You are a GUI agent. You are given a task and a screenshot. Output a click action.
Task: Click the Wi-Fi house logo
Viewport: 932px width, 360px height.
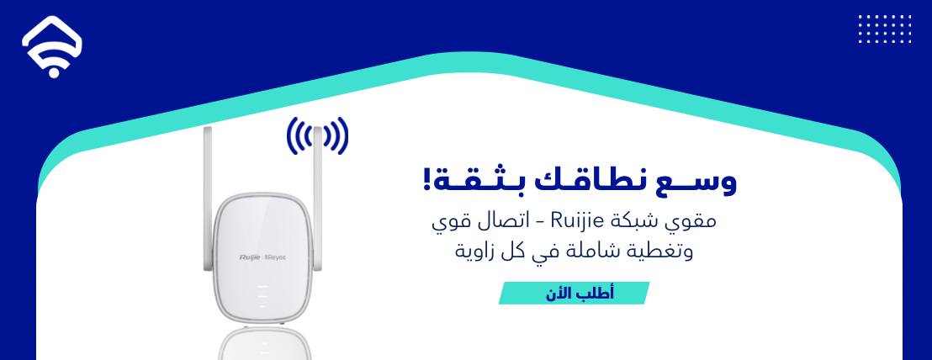pyautogui.click(x=52, y=47)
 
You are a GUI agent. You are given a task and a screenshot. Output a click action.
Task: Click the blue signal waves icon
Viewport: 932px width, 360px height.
pyautogui.click(x=317, y=135)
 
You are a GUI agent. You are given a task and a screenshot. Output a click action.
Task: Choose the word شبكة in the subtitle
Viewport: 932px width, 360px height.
pyautogui.click(x=643, y=223)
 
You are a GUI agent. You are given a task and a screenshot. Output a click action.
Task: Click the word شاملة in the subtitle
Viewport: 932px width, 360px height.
pyautogui.click(x=594, y=251)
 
